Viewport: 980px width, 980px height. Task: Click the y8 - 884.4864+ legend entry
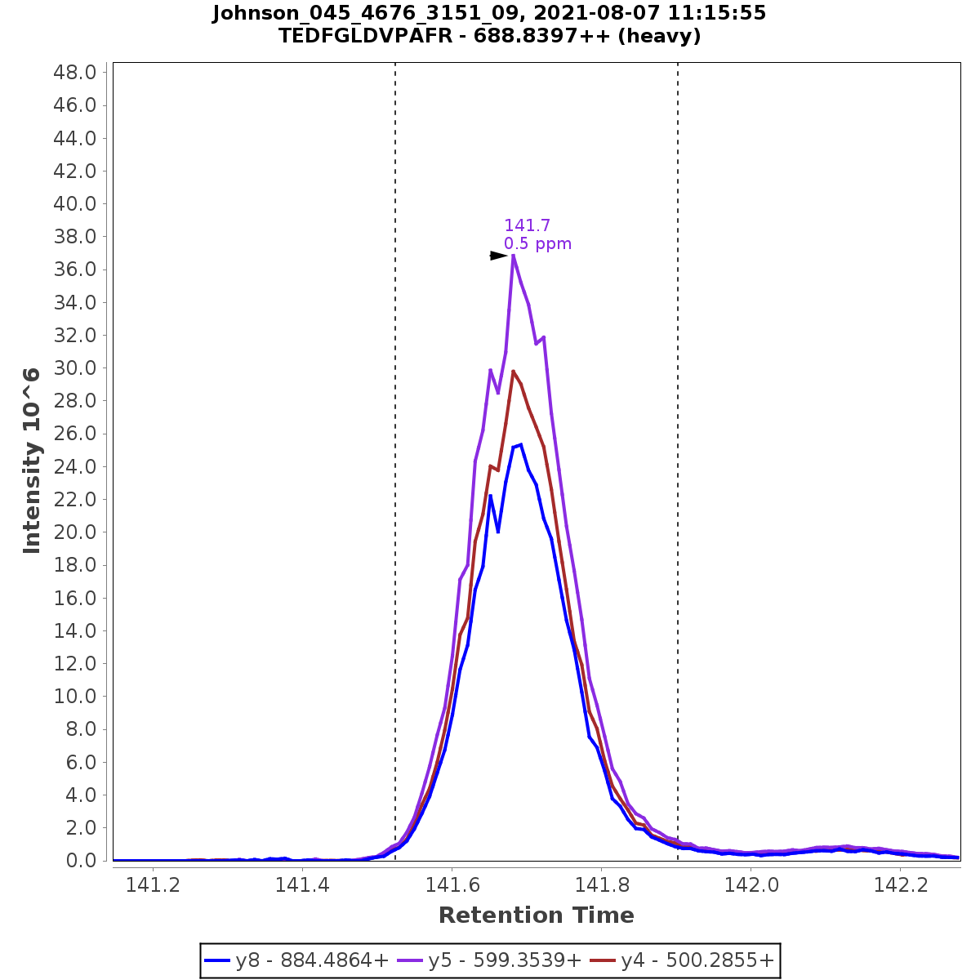click(298, 960)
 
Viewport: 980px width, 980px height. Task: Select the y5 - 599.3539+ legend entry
click(491, 960)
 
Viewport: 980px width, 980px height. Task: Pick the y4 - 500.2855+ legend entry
click(684, 960)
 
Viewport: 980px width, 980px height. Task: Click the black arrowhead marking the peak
click(498, 256)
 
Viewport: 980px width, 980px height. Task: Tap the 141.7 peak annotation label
click(527, 225)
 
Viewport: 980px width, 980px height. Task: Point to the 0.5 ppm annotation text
click(537, 243)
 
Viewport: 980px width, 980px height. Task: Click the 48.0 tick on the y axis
click(75, 73)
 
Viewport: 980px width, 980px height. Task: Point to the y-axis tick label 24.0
click(75, 466)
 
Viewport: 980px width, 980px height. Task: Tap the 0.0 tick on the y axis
click(82, 861)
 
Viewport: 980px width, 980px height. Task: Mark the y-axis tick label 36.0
click(75, 269)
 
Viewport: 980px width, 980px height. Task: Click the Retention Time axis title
click(536, 915)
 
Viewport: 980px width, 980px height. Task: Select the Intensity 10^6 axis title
click(32, 461)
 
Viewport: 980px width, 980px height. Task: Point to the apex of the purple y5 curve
click(513, 256)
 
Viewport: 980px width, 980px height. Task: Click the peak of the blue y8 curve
click(520, 444)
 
